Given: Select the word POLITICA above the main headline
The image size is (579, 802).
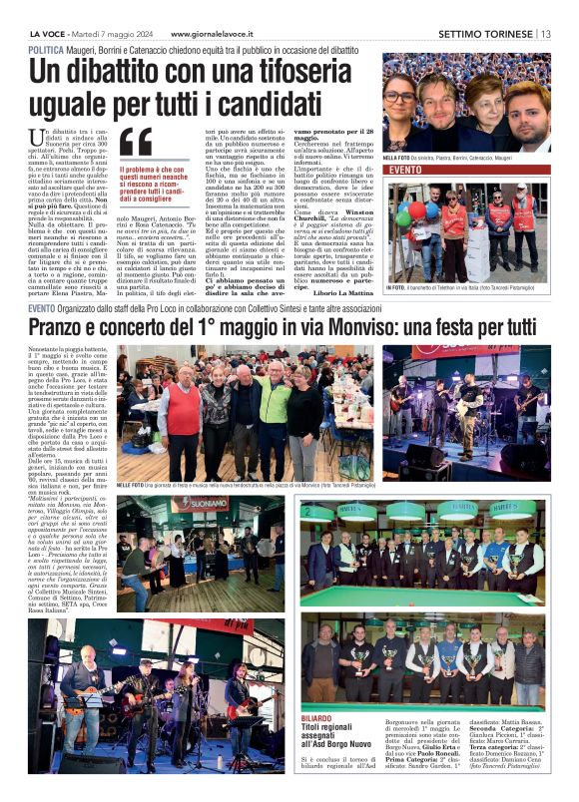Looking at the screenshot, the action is [x=46, y=50].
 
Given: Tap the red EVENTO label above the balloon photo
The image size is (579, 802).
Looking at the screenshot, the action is [x=404, y=171].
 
